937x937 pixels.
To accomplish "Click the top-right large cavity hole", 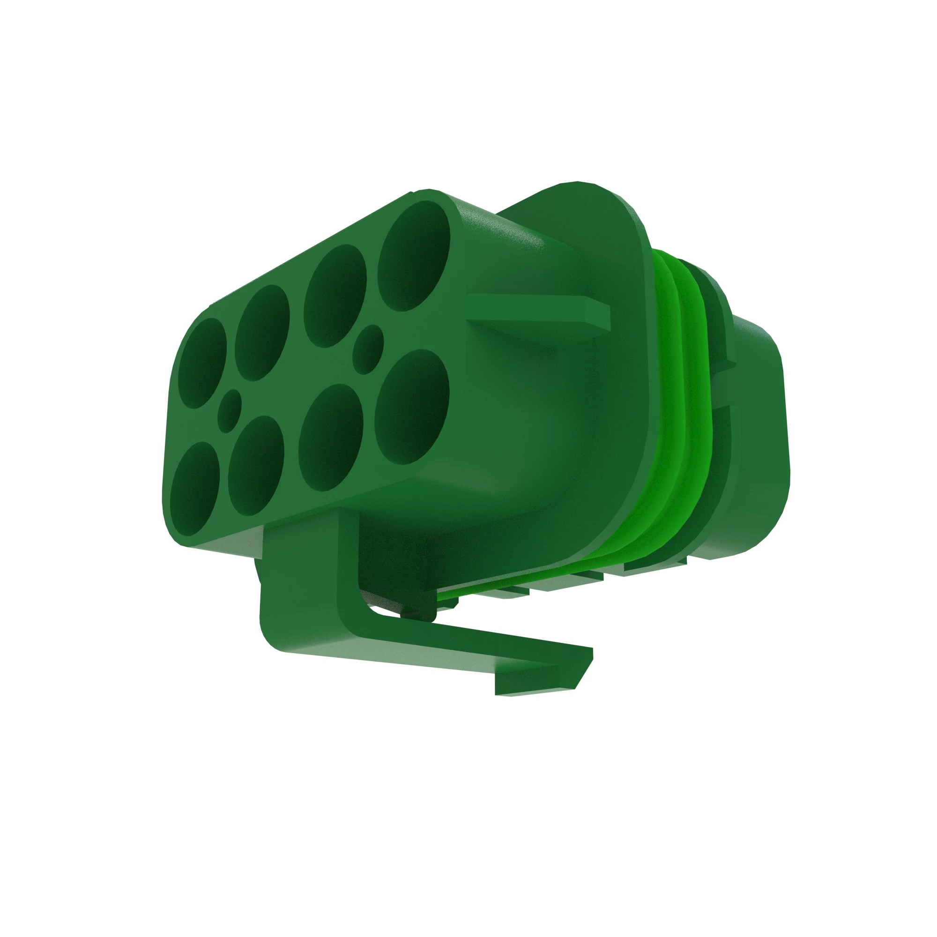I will tap(414, 256).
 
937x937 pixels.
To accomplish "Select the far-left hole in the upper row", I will tap(202, 363).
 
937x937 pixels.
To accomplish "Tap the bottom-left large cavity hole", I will tap(195, 488).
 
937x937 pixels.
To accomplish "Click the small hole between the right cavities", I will tap(368, 349).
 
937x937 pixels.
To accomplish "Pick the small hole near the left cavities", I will tap(229, 411).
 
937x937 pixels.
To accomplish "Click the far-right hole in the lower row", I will tap(411, 406).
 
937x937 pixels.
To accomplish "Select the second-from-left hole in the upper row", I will tap(262, 333).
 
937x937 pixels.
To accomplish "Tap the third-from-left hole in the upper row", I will tap(335, 296).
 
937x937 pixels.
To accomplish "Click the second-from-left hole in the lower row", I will tap(256, 466).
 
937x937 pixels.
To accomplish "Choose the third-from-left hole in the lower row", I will tap(331, 438).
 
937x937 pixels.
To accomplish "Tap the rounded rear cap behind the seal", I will tap(757, 437).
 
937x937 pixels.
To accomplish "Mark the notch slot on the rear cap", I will tap(722, 388).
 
